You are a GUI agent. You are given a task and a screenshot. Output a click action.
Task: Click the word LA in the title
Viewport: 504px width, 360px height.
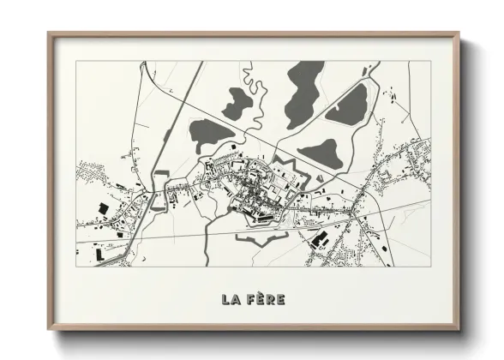230,299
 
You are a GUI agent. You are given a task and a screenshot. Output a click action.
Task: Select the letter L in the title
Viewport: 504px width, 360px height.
225,299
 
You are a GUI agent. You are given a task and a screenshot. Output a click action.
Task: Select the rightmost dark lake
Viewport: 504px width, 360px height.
349,103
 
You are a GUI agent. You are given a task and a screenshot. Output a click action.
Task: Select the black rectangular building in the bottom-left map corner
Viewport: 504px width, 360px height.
99,255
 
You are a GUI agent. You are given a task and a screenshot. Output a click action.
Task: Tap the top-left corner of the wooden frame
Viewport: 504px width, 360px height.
50,35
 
